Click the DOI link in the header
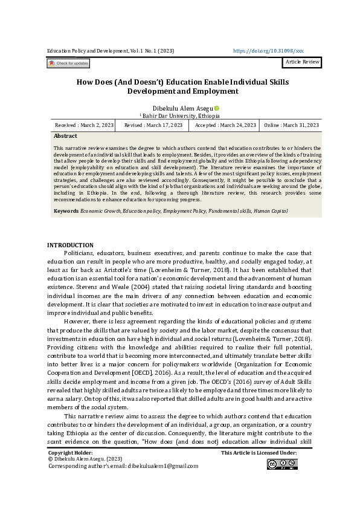[268, 52]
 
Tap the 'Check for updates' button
[68, 63]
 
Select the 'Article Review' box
[301, 63]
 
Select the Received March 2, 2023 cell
[84, 125]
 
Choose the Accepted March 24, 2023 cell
[225, 125]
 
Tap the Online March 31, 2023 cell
[291, 125]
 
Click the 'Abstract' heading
[65, 137]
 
